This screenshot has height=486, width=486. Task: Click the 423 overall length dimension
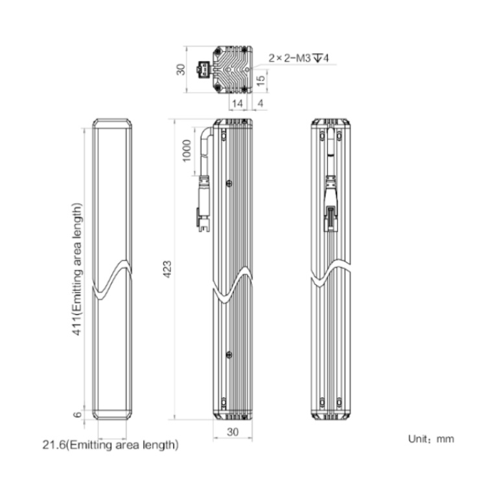167,270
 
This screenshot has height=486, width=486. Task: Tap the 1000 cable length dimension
187,151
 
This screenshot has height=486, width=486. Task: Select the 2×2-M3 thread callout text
298,58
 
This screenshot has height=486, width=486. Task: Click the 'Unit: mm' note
431,439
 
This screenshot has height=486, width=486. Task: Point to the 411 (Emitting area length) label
78,270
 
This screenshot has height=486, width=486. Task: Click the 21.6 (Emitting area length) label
110,445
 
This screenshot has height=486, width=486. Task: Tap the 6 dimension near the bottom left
78,414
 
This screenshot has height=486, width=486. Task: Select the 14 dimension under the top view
237,104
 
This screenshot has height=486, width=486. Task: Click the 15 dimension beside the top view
261,80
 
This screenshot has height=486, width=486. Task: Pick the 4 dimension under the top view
260,104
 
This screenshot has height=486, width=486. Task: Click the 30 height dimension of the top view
181,69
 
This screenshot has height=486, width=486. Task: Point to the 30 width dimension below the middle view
233,432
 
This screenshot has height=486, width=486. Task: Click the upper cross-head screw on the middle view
229,183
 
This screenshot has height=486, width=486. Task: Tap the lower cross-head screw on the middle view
229,354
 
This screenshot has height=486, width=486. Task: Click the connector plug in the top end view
204,69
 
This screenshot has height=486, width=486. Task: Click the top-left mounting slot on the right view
322,135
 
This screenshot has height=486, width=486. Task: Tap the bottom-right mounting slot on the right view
339,402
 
